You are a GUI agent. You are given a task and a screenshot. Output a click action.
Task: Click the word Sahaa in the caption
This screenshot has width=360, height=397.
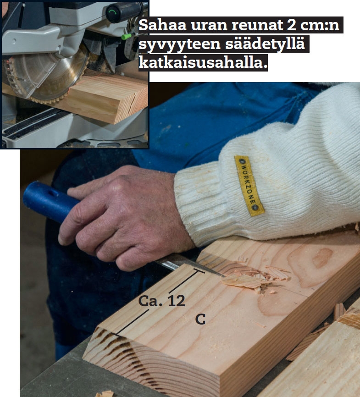(x=162, y=25)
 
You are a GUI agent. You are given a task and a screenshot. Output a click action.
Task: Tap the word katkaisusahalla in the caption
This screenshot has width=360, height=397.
(x=203, y=62)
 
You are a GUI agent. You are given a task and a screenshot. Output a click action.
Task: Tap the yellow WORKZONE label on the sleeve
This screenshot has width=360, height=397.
(x=249, y=186)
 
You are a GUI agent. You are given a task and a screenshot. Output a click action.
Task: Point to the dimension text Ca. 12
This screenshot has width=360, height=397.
(x=161, y=301)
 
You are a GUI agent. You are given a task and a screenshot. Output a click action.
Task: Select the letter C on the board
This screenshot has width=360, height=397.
(x=200, y=319)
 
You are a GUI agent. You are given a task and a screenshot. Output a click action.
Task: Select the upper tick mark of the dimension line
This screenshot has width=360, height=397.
(x=199, y=271)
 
